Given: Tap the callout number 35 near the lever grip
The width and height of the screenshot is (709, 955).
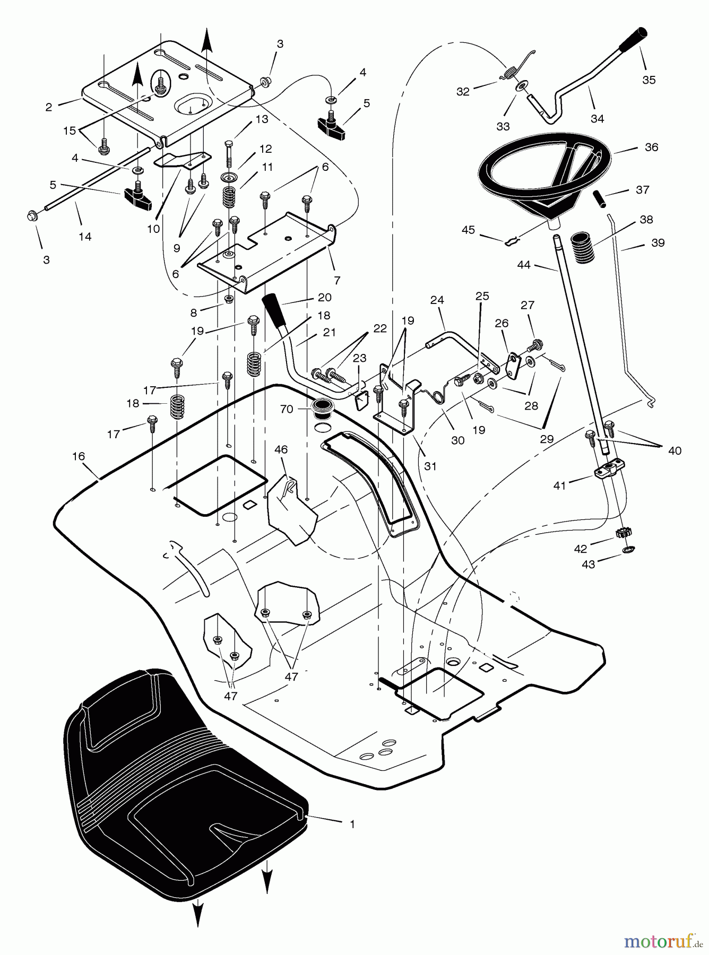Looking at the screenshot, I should click(649, 80).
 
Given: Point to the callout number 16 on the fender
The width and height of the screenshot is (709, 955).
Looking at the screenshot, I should click(79, 456).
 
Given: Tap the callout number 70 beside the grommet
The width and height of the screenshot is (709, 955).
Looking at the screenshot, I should click(286, 410).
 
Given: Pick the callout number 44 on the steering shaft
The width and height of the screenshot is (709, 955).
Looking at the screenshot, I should click(524, 265).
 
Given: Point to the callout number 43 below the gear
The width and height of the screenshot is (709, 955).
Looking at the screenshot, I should click(589, 565).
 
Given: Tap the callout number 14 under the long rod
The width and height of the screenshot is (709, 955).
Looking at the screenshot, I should click(85, 237).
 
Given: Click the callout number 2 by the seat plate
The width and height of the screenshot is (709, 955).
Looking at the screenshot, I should click(49, 107).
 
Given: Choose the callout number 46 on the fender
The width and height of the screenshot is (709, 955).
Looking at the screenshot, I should click(281, 449).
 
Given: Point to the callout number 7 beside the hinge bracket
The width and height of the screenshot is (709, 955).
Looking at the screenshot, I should click(337, 281).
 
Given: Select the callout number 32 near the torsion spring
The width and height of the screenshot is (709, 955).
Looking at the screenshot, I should click(463, 91).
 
